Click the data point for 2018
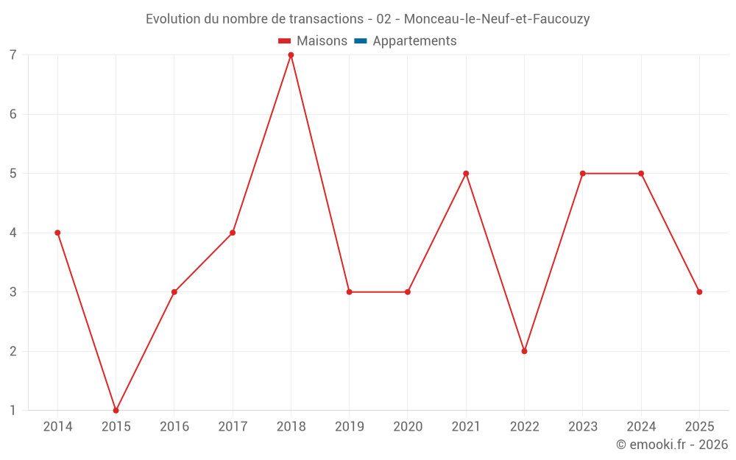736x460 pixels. tap(291, 55)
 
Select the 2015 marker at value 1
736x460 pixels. tap(116, 410)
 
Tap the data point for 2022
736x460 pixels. tap(524, 351)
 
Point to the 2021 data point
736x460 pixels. tap(466, 174)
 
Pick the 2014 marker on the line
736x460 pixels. tap(57, 233)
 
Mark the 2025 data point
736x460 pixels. tap(699, 292)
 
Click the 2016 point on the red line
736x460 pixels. tap(174, 292)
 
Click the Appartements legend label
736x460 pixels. tap(414, 41)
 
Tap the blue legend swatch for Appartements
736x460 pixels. tap(361, 41)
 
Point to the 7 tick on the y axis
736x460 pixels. tap(13, 55)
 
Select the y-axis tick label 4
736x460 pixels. tap(13, 233)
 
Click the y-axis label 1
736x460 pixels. tap(13, 410)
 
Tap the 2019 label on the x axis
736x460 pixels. tap(349, 427)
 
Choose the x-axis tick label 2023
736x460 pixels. tap(582, 427)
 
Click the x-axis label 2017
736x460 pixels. tap(233, 427)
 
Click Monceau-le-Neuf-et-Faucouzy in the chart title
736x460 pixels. tap(497, 19)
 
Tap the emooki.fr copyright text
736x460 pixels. tap(672, 445)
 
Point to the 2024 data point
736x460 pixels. tap(641, 174)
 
